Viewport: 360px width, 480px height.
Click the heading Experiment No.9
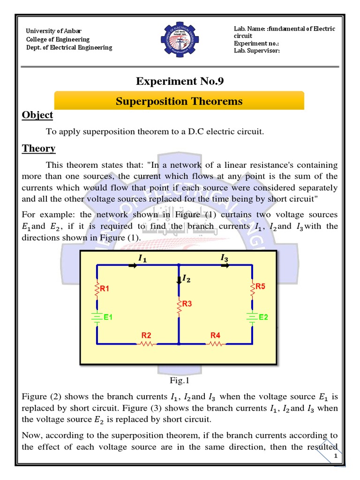pos(180,82)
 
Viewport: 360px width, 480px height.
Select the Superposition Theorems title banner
pos(180,101)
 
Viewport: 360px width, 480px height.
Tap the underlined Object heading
pos(37,115)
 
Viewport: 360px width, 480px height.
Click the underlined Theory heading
pos(39,149)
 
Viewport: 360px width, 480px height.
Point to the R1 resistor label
pos(104,289)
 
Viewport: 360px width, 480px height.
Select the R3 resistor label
pos(187,304)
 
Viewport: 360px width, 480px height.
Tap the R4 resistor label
pos(215,335)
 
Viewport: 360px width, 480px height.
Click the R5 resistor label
pos(260,286)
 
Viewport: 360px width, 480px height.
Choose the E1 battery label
pos(108,317)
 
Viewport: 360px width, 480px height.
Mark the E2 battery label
pos(263,317)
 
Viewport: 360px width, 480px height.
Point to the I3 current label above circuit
pos(225,257)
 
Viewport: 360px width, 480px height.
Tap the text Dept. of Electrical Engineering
pos(69,47)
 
